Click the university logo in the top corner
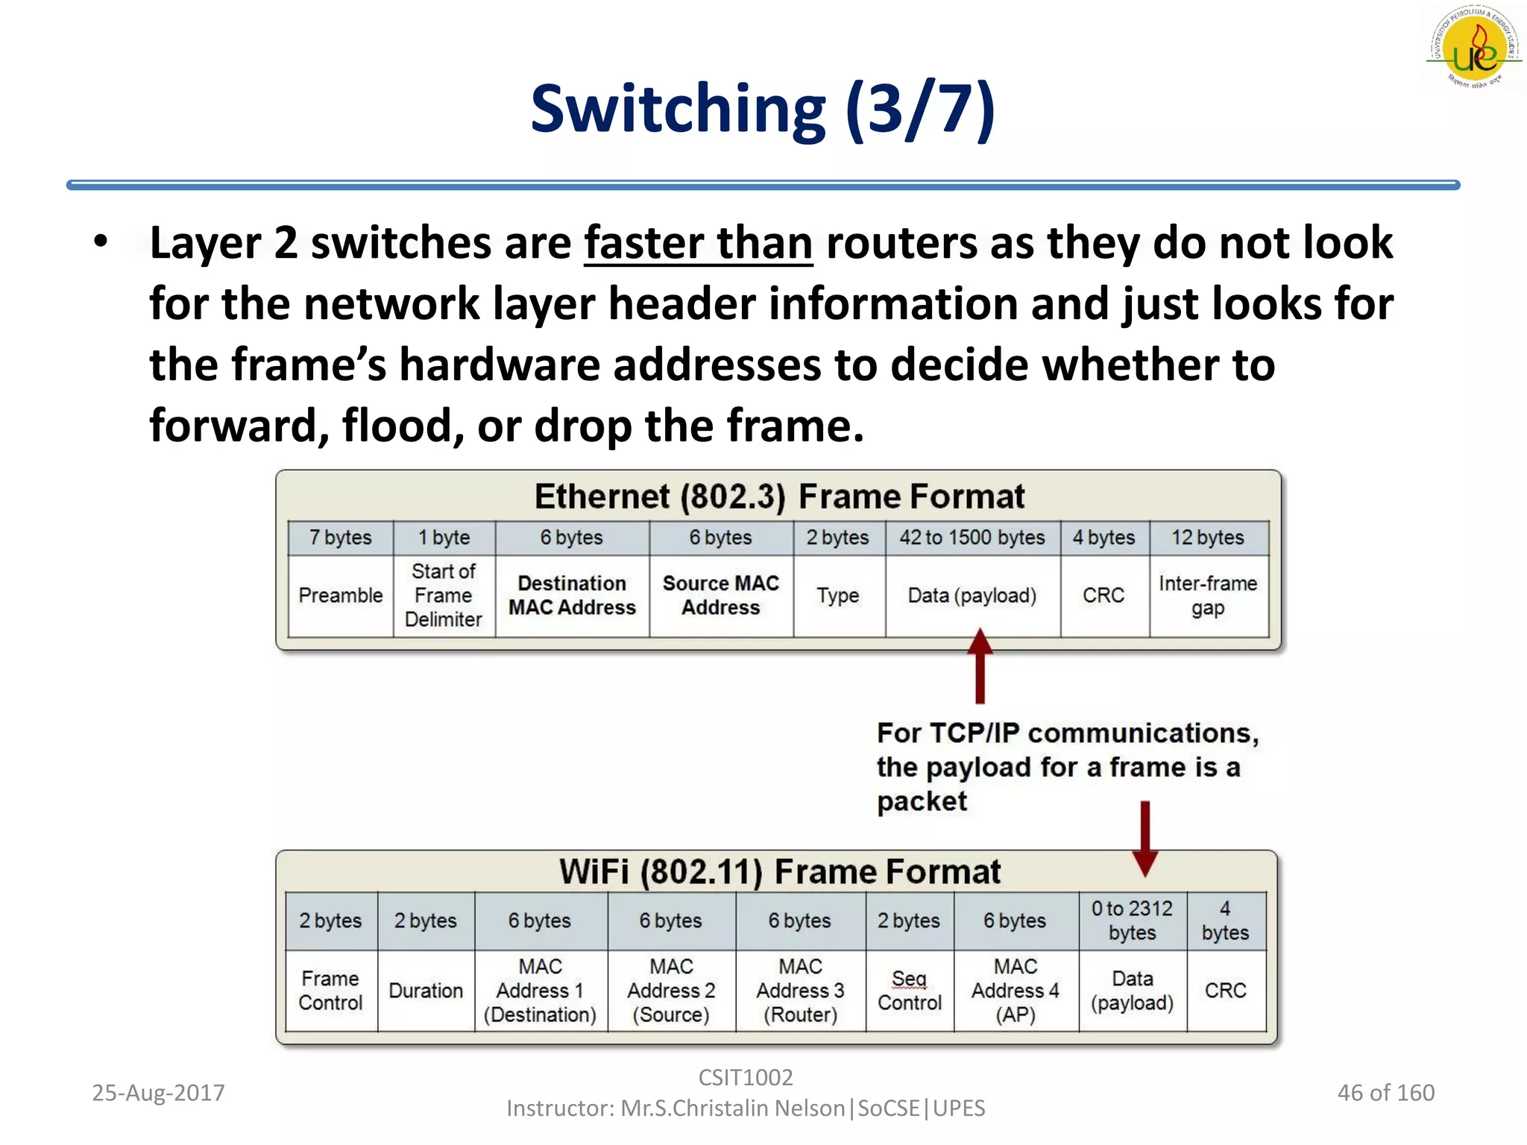1475,48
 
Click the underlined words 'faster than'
698,243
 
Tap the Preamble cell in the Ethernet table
340,596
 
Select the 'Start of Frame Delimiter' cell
444,596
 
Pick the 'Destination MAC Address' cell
572,596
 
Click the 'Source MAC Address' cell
720,596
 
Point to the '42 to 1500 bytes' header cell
972,537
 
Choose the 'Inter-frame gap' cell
1208,596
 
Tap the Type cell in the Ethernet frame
838,596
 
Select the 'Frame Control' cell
330,991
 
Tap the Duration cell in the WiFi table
426,991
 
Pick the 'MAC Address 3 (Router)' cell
800,991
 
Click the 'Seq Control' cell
910,991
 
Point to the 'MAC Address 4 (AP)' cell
1016,991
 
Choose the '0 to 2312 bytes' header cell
1132,921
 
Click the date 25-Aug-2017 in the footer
158,1093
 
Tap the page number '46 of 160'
1385,1093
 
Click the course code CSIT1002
746,1077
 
